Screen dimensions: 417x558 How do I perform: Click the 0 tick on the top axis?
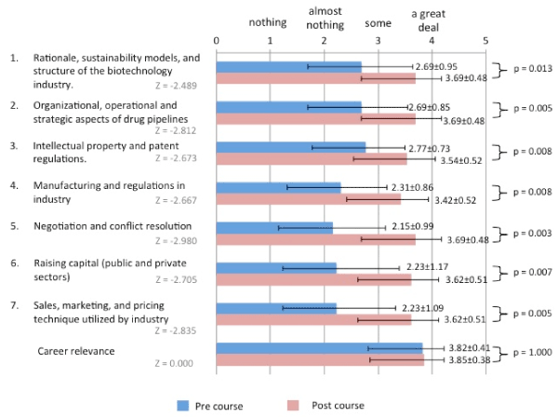(217, 41)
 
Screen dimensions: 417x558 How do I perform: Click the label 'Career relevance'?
(76, 351)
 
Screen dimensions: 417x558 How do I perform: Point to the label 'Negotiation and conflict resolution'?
(113, 226)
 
